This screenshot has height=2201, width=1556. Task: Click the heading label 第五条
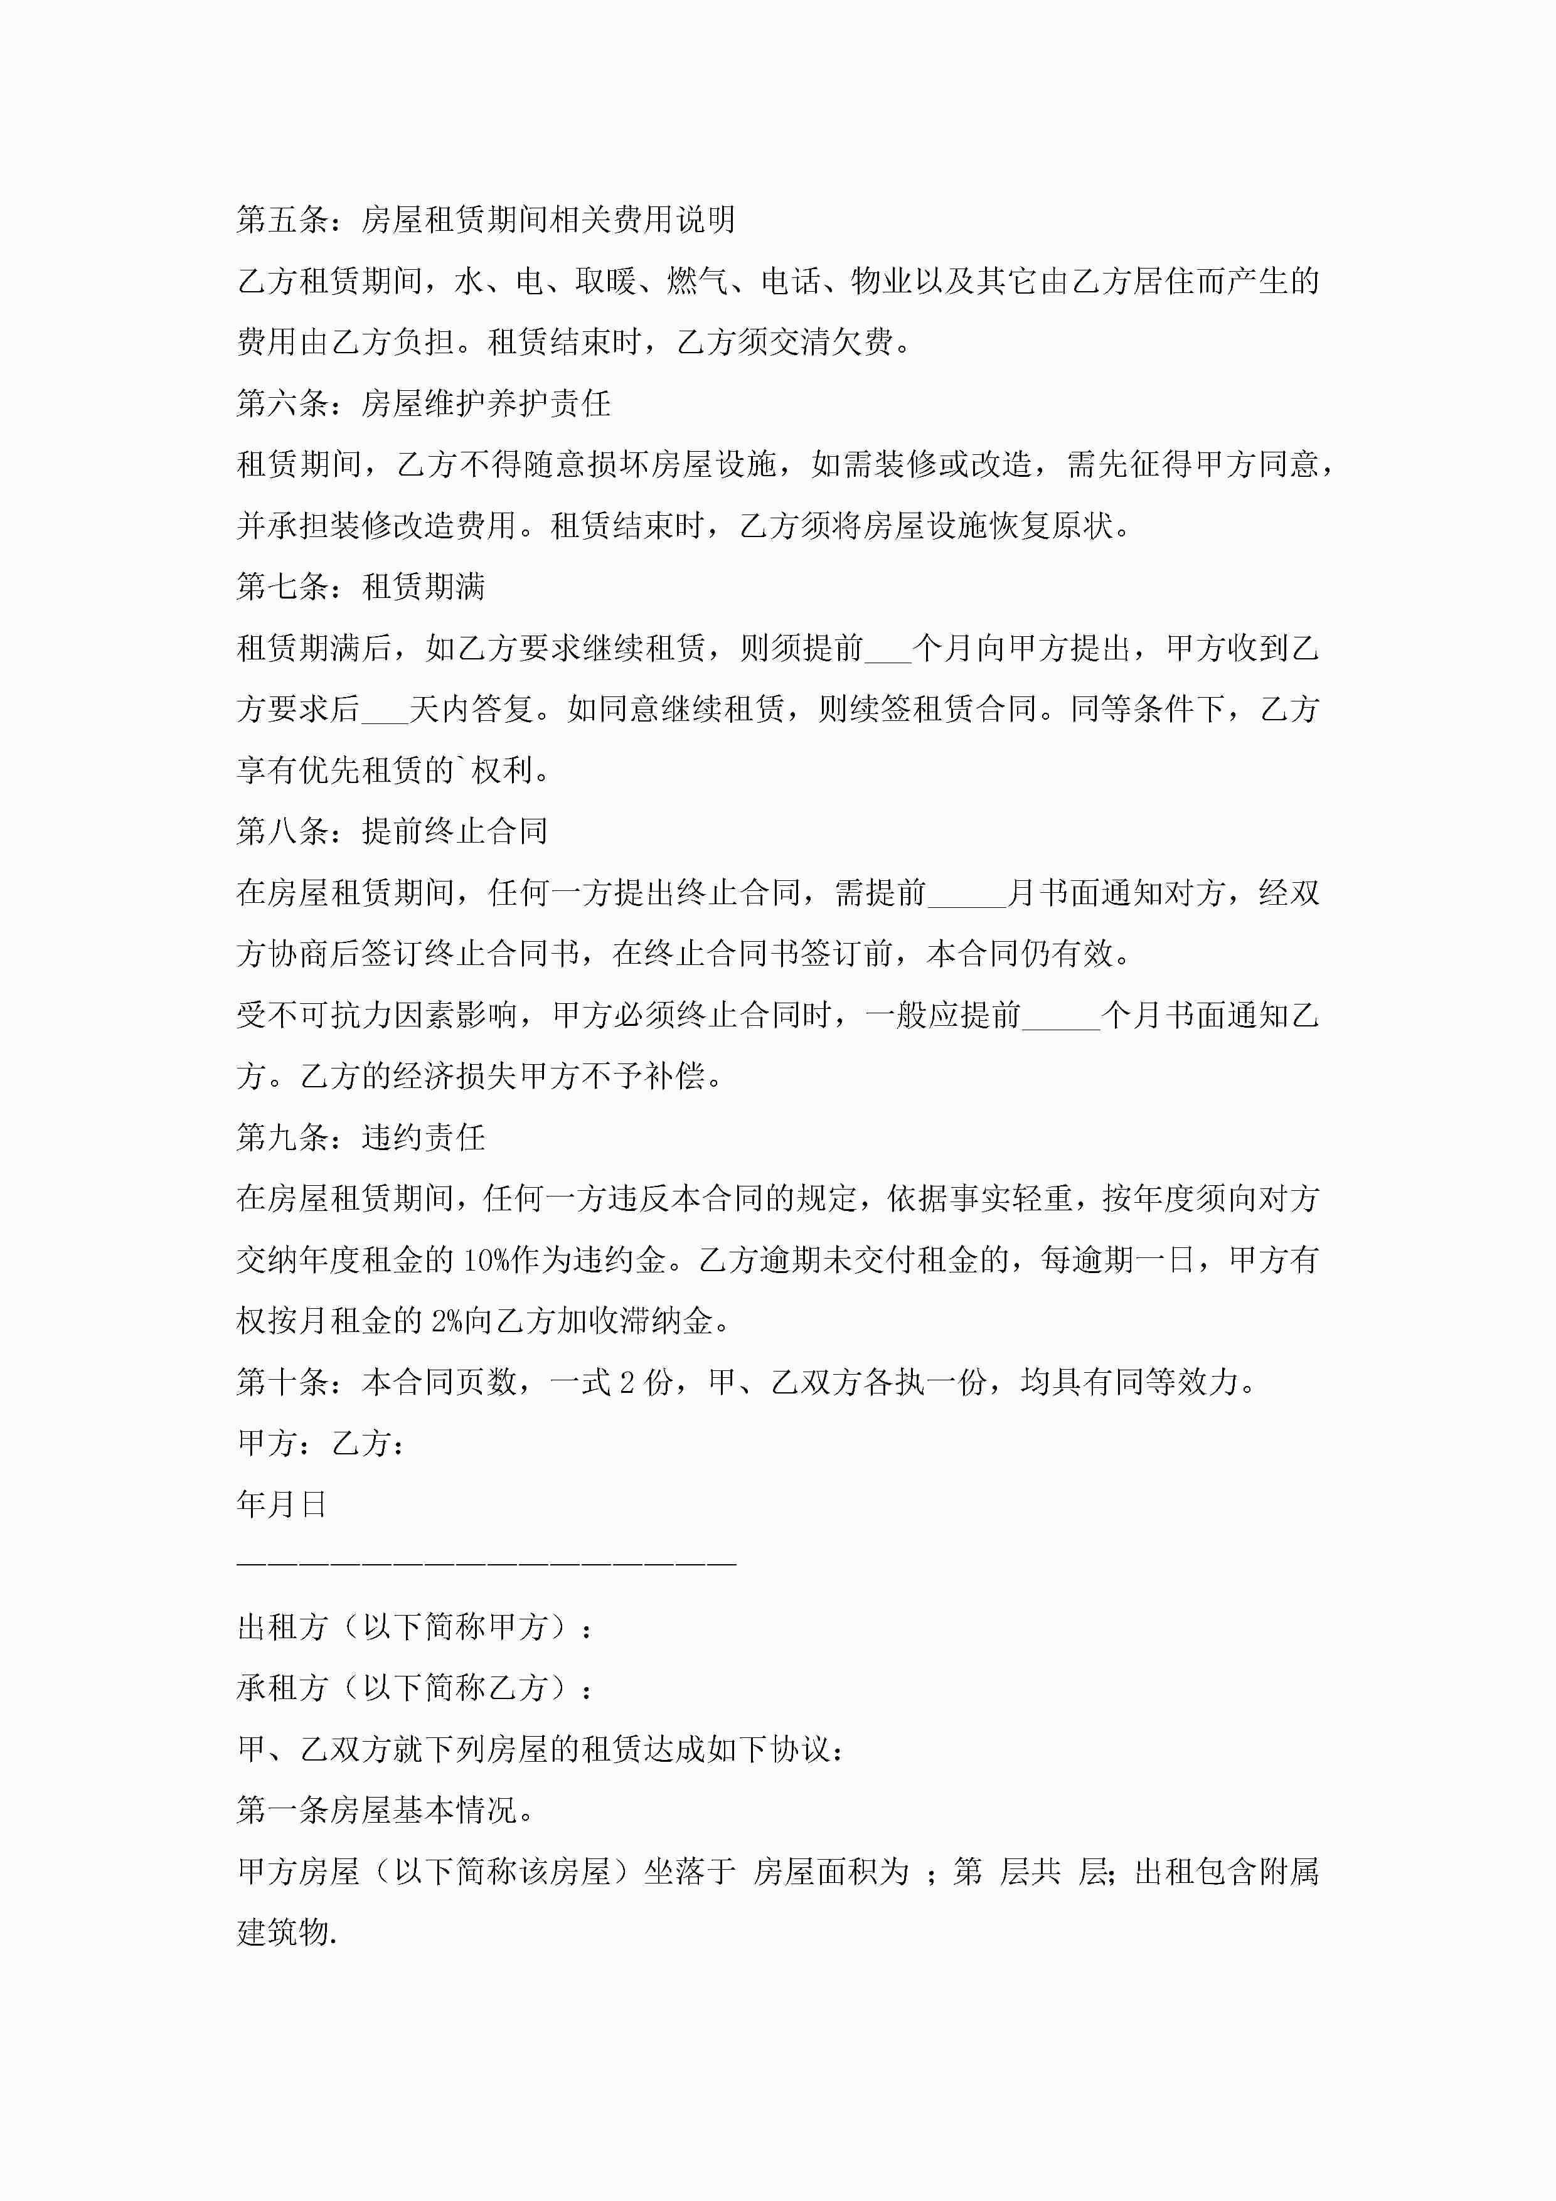(x=283, y=220)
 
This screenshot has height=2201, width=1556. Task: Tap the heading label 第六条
(x=283, y=403)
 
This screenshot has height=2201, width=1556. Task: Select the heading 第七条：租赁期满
(x=361, y=587)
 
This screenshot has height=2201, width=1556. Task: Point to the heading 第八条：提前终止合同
(x=392, y=831)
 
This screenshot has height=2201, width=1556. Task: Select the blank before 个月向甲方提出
(x=888, y=650)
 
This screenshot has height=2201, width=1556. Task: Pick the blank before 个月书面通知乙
(x=1062, y=1016)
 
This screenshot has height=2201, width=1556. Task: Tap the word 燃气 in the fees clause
(x=698, y=281)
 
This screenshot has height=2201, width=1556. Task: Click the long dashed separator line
(x=486, y=1564)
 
